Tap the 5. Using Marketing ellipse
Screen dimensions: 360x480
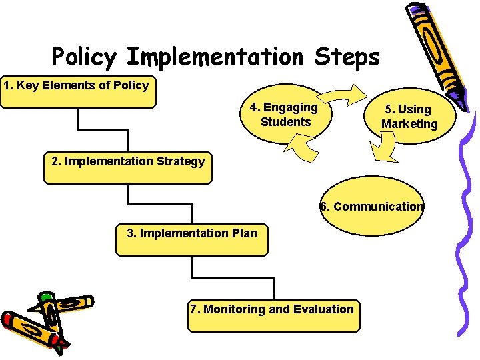click(x=409, y=116)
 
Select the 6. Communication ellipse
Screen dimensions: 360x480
click(x=372, y=207)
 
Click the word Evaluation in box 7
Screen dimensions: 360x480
click(x=324, y=309)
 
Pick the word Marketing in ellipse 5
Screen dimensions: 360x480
click(x=409, y=124)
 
